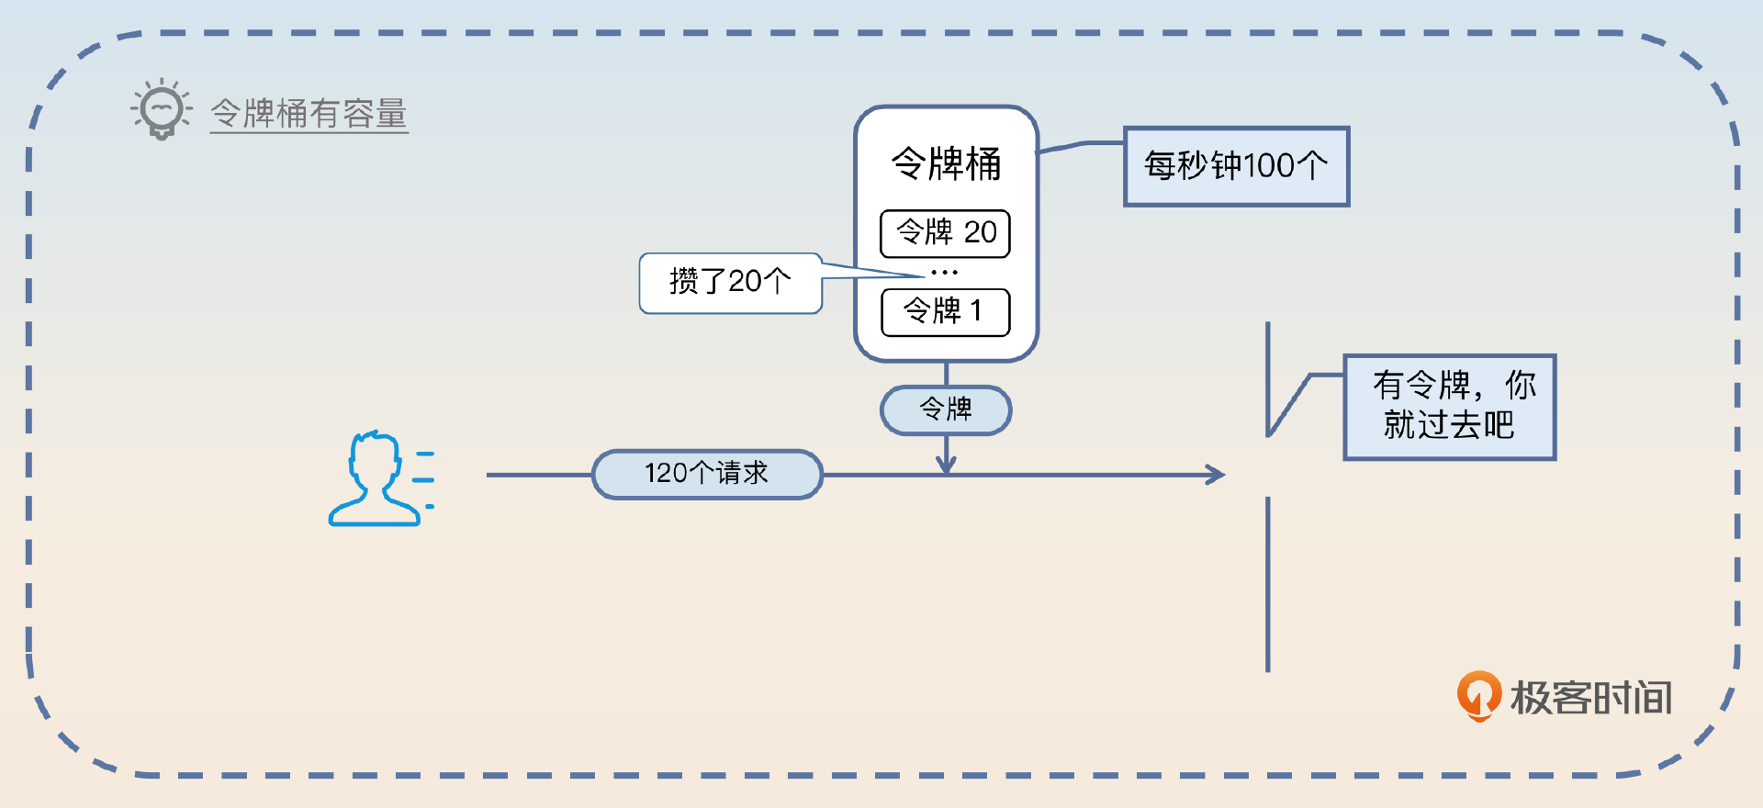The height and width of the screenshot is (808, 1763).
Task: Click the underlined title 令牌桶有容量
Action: tap(309, 114)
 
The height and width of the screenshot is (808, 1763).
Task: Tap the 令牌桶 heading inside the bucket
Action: tap(946, 164)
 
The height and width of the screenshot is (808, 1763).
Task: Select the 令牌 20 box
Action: tap(945, 233)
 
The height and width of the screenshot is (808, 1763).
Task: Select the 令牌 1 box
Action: tap(945, 312)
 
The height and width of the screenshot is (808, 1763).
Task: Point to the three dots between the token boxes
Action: tap(944, 273)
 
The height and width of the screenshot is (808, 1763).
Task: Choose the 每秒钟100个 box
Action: tap(1236, 166)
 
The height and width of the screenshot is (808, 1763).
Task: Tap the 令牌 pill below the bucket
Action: tap(946, 410)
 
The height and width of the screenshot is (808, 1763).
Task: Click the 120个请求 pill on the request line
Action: tap(707, 474)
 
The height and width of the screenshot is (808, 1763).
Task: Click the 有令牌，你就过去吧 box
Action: tap(1449, 406)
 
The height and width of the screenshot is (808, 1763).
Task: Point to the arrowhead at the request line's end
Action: tap(1216, 475)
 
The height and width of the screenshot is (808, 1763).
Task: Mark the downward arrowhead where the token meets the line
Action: tap(946, 465)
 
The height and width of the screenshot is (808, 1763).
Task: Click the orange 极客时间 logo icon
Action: tap(1478, 695)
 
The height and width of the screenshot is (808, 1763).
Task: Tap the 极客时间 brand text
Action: tap(1591, 698)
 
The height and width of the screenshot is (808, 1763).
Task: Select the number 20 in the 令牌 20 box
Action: tap(980, 233)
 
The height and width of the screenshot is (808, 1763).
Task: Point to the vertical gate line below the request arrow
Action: tap(1268, 584)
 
